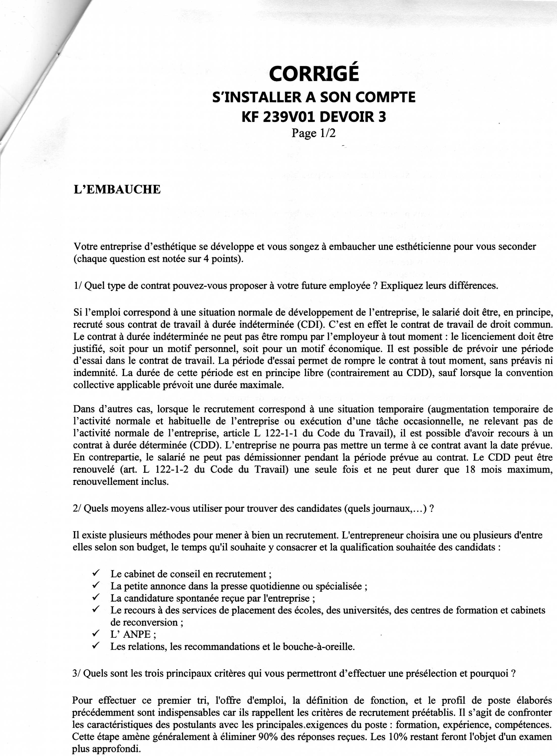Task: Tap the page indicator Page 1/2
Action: point(314,133)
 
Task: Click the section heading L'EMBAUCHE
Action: point(117,189)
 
